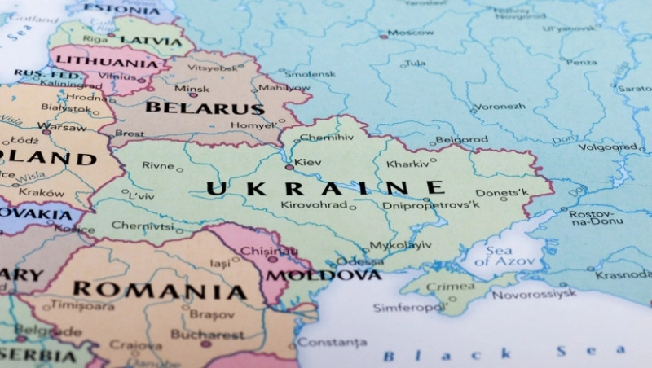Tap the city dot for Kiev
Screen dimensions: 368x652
(289, 167)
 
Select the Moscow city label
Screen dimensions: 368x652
(411, 33)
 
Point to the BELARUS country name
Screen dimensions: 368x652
(205, 108)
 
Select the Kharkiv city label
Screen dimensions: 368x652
(407, 164)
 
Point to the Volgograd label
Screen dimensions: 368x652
(606, 147)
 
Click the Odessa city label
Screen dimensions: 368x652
(359, 261)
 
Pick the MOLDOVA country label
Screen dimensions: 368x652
(324, 275)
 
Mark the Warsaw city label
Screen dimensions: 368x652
(62, 127)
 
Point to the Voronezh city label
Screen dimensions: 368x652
(500, 106)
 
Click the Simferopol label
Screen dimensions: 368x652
(408, 308)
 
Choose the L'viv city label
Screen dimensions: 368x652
(141, 196)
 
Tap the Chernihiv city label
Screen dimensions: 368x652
(327, 138)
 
